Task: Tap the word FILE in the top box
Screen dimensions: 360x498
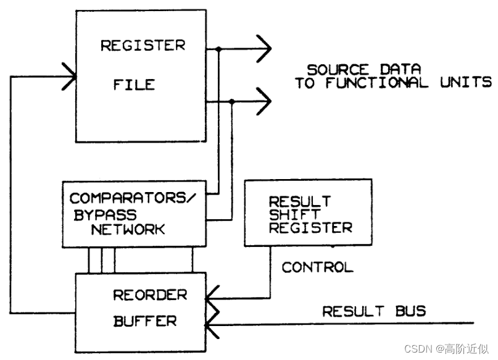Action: click(133, 84)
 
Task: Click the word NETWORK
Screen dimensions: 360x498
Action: click(128, 229)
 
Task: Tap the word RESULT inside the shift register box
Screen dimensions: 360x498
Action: click(300, 201)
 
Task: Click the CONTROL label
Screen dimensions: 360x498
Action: click(317, 267)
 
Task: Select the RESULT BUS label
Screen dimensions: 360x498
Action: click(374, 310)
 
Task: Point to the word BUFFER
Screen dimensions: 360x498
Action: click(144, 321)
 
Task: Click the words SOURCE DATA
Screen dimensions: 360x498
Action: click(364, 69)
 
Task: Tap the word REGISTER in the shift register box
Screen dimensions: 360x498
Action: click(310, 227)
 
